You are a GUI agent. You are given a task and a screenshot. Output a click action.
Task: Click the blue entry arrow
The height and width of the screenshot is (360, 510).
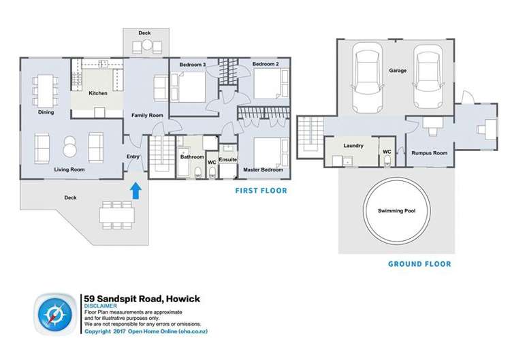(136, 190)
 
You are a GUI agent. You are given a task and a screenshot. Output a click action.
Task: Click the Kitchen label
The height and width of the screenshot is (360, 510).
(98, 93)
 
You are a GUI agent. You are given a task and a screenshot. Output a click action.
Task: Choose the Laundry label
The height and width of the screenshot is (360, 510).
(353, 146)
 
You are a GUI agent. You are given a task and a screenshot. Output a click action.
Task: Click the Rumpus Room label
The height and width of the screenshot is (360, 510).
(429, 154)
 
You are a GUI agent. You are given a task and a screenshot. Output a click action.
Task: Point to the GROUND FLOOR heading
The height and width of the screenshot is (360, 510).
(419, 264)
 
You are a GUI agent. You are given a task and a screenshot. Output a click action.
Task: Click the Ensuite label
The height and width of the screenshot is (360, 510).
(227, 160)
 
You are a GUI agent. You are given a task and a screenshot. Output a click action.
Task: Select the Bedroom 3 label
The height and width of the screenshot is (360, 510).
(193, 65)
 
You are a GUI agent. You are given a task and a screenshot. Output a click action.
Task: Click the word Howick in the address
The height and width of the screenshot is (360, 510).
(180, 299)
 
